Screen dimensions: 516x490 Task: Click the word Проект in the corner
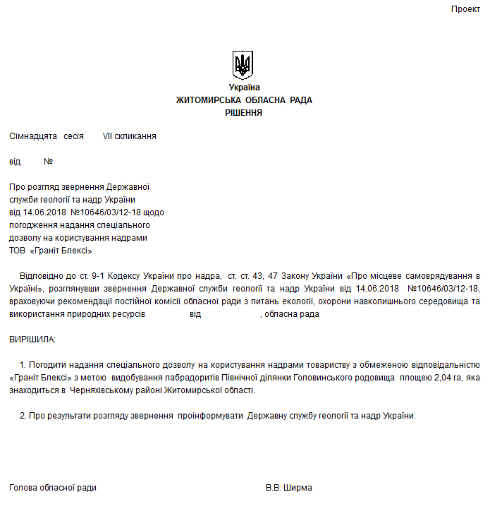pyautogui.click(x=466, y=9)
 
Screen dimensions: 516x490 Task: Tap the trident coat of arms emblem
pyautogui.click(x=243, y=65)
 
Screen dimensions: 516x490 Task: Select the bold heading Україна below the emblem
pyautogui.click(x=244, y=88)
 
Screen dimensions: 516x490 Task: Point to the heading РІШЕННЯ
pyautogui.click(x=244, y=112)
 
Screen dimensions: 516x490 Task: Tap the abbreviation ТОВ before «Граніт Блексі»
pyautogui.click(x=18, y=251)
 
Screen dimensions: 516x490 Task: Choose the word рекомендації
pyautogui.click(x=81, y=301)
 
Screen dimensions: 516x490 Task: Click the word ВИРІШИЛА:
pyautogui.click(x=32, y=340)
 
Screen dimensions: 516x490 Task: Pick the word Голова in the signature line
pyautogui.click(x=23, y=488)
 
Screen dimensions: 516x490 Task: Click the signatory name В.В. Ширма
pyautogui.click(x=288, y=488)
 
